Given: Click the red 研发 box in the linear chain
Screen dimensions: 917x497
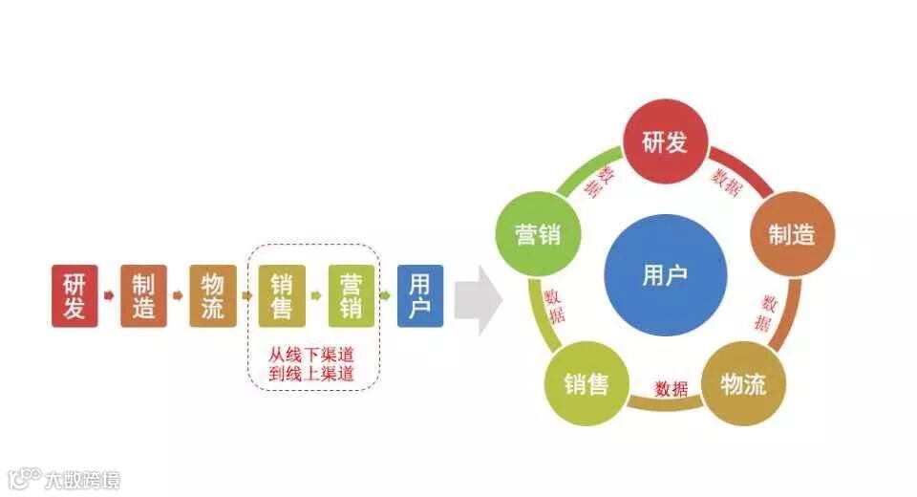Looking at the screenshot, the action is coord(75,296).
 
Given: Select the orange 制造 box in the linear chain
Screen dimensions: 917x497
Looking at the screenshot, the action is coord(143,296).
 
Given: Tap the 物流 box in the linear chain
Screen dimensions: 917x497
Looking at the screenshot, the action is coord(212,296).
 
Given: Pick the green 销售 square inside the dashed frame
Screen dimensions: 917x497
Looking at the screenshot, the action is coord(282,296).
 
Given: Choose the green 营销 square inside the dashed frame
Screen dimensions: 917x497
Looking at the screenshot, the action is coord(351,296).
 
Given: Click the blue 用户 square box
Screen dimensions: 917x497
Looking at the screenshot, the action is coord(420,296).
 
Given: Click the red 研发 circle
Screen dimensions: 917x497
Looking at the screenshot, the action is coord(665,143).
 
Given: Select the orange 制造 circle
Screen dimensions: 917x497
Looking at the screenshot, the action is coord(791,234).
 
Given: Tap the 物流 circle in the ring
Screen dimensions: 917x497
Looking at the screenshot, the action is coord(743,384).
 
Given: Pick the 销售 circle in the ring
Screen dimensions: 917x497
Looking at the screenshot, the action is coord(586,384).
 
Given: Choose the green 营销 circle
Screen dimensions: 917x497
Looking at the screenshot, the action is coord(538,235).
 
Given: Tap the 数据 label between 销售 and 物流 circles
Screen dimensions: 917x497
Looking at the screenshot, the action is coord(671,389).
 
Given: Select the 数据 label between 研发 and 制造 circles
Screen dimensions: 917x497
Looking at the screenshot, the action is coord(727,183).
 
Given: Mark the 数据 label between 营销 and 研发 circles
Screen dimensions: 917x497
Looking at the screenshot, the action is coord(606,181).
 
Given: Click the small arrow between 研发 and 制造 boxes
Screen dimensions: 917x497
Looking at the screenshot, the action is coord(109,295).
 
